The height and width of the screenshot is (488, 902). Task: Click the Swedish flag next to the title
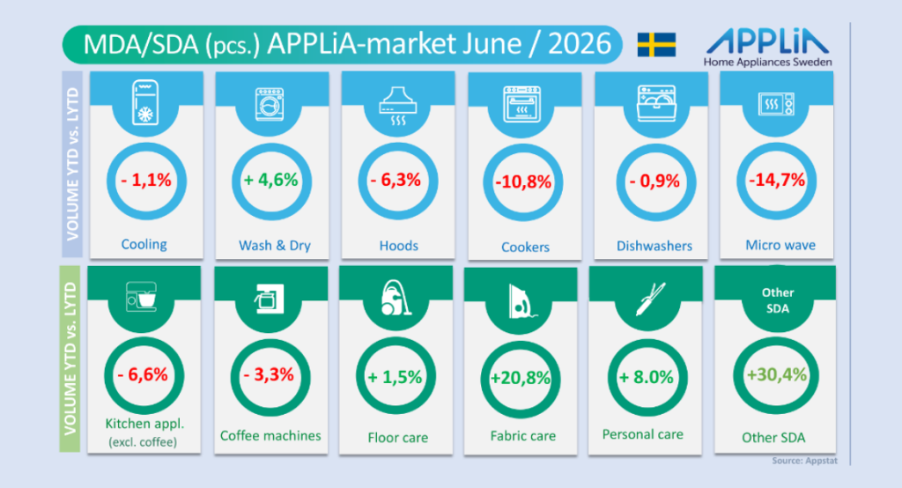click(x=656, y=45)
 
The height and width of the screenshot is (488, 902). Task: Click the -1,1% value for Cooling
click(x=146, y=181)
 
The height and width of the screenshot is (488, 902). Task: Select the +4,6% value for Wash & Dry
click(x=271, y=180)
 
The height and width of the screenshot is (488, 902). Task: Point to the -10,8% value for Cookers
click(x=523, y=182)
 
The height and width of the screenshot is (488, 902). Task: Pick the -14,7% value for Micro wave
click(x=777, y=180)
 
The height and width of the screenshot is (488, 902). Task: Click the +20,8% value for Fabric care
click(x=520, y=378)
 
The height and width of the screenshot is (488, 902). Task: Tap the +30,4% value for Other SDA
click(x=777, y=374)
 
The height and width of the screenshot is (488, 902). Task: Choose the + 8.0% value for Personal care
click(x=646, y=378)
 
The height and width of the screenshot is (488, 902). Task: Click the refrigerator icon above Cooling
click(x=145, y=102)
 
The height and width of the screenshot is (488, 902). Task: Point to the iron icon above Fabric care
click(x=521, y=301)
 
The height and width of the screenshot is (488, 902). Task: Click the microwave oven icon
click(x=777, y=104)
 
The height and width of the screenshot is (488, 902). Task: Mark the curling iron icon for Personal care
click(x=651, y=299)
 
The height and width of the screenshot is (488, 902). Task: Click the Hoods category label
click(x=399, y=246)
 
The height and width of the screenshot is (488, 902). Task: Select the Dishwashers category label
click(x=654, y=247)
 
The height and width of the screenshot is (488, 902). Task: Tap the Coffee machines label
click(x=270, y=436)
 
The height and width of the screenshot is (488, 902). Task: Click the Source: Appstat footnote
click(x=805, y=461)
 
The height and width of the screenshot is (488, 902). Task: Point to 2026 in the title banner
click(x=580, y=44)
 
